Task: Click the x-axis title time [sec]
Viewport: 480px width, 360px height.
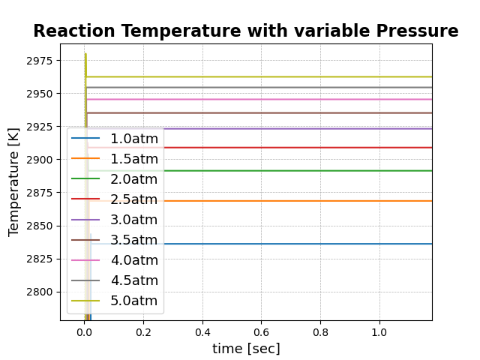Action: pyautogui.click(x=246, y=349)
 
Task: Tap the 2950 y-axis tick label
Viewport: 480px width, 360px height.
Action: pyautogui.click(x=38, y=94)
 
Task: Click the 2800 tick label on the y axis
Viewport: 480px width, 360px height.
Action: pyautogui.click(x=38, y=292)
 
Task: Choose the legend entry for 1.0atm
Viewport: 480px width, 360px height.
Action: pyautogui.click(x=133, y=139)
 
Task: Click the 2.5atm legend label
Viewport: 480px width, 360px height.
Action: pyautogui.click(x=133, y=199)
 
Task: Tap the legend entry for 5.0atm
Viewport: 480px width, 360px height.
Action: pyautogui.click(x=133, y=301)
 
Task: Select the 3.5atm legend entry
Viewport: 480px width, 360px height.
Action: pyautogui.click(x=133, y=240)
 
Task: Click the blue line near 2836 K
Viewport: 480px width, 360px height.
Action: pyautogui.click(x=300, y=244)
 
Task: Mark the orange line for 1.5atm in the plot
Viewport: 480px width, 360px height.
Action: pyautogui.click(x=300, y=201)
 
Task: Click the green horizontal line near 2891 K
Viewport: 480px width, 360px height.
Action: pyautogui.click(x=300, y=171)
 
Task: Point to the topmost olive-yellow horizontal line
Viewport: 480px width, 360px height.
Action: pyautogui.click(x=300, y=76)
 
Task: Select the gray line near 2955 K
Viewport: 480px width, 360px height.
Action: pyautogui.click(x=300, y=87)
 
